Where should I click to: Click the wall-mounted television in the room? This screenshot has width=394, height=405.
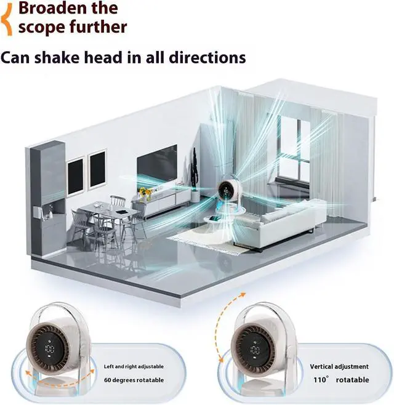click(x=156, y=162)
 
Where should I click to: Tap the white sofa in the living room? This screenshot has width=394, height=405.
click(x=277, y=224)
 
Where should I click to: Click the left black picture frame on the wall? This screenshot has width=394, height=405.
click(x=75, y=177)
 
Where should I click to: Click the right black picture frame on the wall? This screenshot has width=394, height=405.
click(x=98, y=169)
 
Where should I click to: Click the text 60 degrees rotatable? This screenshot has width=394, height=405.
click(x=134, y=380)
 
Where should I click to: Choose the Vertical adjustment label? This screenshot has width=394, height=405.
click(x=339, y=366)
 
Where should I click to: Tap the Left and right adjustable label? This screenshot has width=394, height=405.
click(x=133, y=366)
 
